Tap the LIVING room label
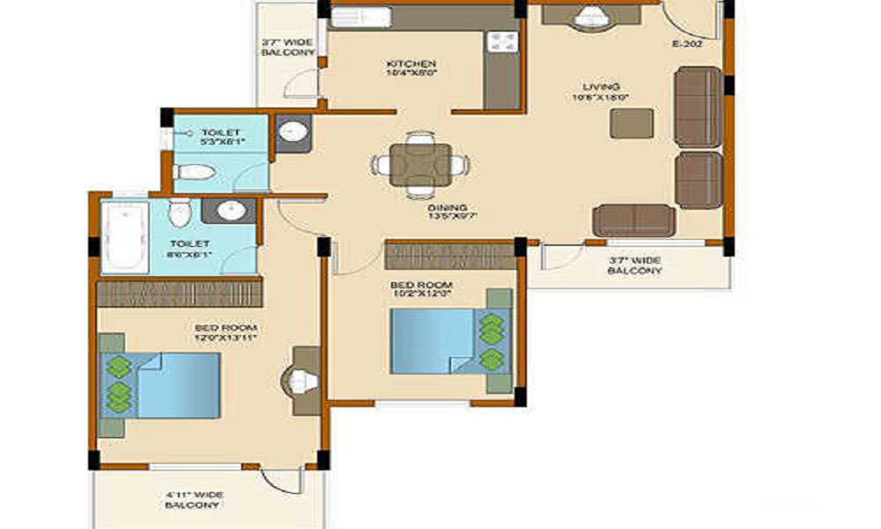click(601, 92)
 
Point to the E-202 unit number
click(686, 43)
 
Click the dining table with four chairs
click(420, 164)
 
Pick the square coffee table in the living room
click(632, 123)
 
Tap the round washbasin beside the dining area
click(292, 133)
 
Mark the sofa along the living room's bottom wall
click(633, 220)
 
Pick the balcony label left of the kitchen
click(287, 48)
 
